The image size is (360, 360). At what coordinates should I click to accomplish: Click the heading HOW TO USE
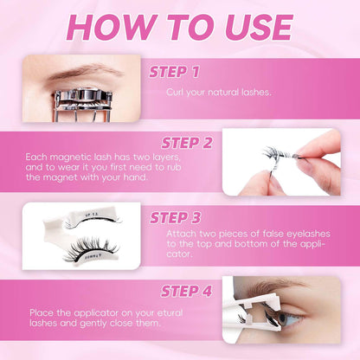click(x=179, y=27)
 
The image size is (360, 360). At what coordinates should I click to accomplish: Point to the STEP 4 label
click(x=182, y=290)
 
